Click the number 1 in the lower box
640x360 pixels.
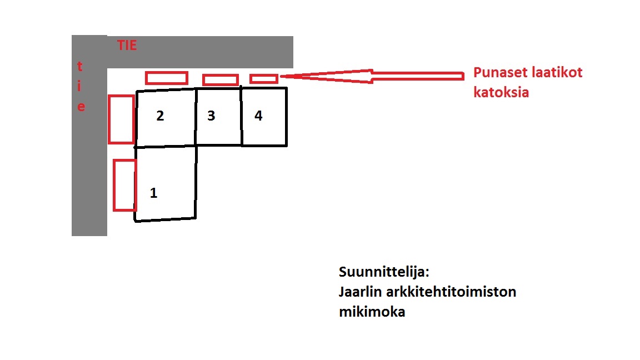coord(153,193)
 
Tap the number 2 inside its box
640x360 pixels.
coord(160,116)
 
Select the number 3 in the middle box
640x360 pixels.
coord(211,116)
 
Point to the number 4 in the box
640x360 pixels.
coord(258,116)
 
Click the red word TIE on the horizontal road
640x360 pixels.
coord(127,46)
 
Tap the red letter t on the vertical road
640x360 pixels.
coord(79,66)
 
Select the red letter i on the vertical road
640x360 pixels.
coord(79,86)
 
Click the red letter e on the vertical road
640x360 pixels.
coord(81,107)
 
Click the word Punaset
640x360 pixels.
coord(499,73)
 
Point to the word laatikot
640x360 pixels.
coord(556,73)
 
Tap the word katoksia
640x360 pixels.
coord(501,93)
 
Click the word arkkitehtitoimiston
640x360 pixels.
coord(451,292)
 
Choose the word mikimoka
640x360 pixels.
coord(372,312)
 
